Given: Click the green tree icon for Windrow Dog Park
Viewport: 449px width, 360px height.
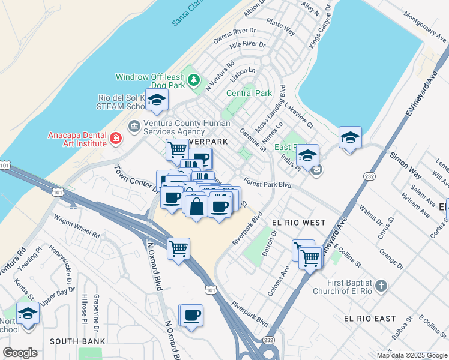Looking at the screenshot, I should (194, 80).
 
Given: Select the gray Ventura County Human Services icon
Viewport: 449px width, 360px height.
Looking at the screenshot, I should (134, 127).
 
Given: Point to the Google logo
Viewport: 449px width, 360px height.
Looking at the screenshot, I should (20, 353).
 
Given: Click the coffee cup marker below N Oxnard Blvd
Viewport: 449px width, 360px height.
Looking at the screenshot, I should (191, 315).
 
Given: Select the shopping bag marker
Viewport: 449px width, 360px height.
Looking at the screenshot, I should (197, 206).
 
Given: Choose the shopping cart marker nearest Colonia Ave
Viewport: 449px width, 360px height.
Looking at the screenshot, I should (310, 259).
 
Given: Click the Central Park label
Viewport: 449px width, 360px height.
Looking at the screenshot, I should (249, 93).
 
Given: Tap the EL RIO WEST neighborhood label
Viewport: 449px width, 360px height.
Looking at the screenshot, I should (298, 223).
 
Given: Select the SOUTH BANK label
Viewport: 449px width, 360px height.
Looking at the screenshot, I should (77, 341).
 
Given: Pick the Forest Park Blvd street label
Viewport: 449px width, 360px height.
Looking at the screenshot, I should (268, 185).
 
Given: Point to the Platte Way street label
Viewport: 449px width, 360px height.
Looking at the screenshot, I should (282, 28).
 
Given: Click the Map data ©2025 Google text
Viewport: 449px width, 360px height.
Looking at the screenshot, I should (411, 355).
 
